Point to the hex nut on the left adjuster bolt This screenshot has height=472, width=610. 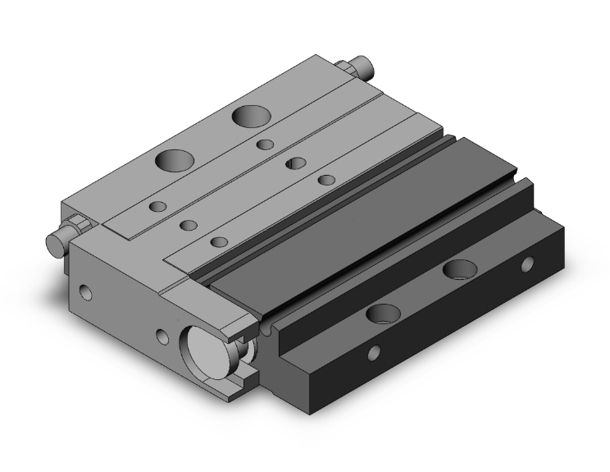[76, 226]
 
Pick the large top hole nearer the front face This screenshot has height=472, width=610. [173, 159]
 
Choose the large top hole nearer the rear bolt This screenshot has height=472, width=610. [247, 115]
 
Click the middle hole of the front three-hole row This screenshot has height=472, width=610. [189, 224]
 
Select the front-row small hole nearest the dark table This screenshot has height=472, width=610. [219, 241]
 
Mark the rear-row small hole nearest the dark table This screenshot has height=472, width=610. [326, 179]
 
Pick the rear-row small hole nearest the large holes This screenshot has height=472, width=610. [265, 144]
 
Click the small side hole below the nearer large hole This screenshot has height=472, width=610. [374, 353]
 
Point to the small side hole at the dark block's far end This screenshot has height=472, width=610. [527, 264]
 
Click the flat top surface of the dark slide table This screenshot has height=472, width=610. [361, 222]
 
